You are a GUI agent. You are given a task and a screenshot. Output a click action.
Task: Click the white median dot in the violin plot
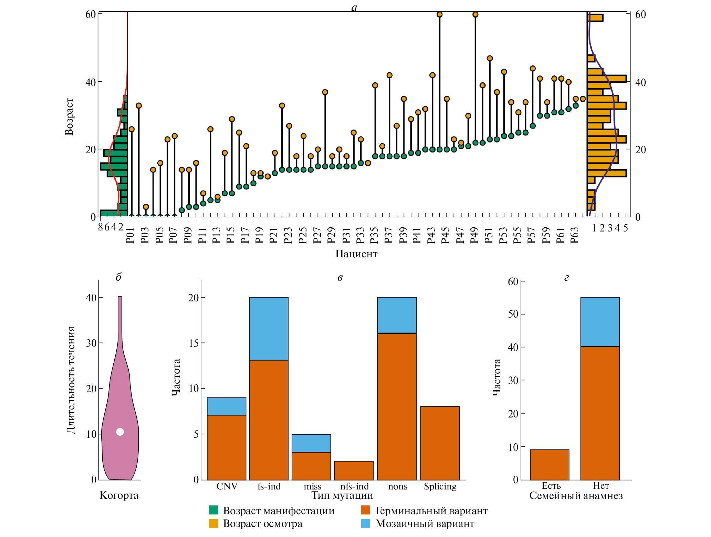coord(120,432)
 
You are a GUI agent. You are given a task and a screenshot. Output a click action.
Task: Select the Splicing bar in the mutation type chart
coord(440,443)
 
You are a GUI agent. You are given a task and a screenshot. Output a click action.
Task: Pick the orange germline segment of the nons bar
coord(397,406)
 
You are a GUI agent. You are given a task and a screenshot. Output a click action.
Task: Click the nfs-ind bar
coord(354,470)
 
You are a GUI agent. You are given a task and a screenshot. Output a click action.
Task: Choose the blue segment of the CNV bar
coord(226,406)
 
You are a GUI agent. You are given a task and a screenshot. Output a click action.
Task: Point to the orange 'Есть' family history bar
coord(550,464)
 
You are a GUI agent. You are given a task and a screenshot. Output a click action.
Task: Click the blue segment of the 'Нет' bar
coord(600,322)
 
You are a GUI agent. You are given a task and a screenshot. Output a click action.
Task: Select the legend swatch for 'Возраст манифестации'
coord(214,510)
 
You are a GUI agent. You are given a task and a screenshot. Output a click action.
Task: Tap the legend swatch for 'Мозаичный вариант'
coord(365,524)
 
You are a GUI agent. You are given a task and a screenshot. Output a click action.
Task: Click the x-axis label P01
coord(130,235)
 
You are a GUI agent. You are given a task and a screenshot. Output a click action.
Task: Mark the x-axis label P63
coord(574,235)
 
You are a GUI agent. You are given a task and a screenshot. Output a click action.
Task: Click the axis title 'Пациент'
coord(356,254)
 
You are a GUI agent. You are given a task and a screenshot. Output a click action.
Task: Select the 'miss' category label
coord(312,486)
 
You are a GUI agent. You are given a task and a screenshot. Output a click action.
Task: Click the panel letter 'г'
coord(567,278)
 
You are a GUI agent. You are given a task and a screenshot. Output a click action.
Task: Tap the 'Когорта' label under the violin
coord(119,495)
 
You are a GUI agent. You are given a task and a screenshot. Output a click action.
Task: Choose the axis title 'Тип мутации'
coord(342,495)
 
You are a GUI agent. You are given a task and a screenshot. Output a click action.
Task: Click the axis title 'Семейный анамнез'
coord(576,496)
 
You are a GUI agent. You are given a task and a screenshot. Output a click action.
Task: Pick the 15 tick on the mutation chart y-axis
coord(194,343)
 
